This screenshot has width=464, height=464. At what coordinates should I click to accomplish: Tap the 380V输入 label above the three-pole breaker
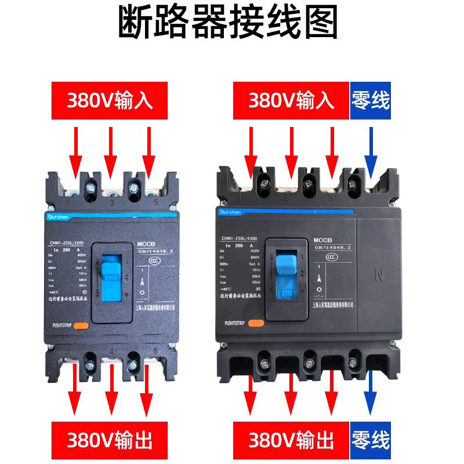click(x=110, y=100)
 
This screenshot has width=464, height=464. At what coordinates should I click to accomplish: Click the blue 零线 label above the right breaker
click(x=371, y=100)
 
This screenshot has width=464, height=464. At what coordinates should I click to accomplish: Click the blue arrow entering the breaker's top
click(x=370, y=148)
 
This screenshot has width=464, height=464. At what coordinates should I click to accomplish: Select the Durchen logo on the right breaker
click(x=231, y=212)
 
